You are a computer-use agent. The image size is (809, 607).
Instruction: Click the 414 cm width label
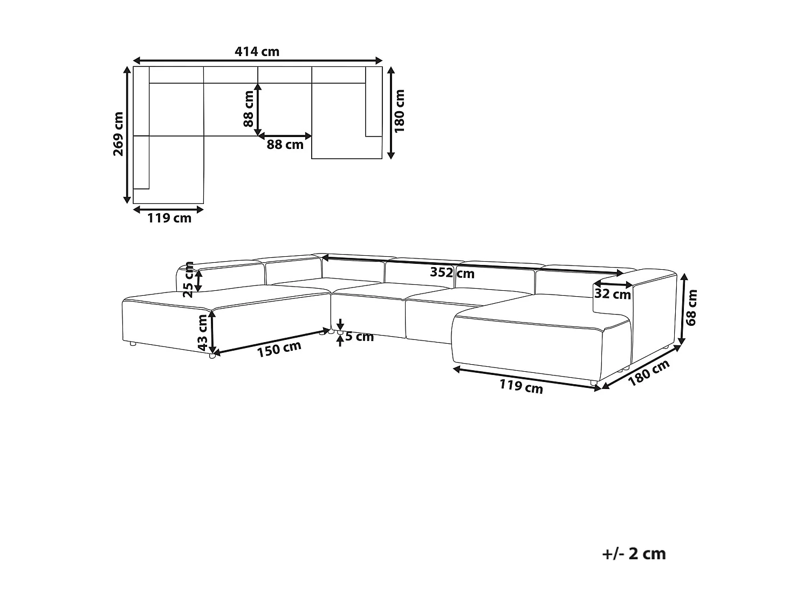tap(257, 52)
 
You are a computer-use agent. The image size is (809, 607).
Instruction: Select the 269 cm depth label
tap(118, 134)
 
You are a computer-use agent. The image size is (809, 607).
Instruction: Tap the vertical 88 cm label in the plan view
tap(248, 108)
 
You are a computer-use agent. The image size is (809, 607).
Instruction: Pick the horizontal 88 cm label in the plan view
tap(285, 145)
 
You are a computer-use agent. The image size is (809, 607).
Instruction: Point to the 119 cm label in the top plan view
tap(169, 218)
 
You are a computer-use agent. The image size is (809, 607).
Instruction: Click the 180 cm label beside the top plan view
tap(400, 111)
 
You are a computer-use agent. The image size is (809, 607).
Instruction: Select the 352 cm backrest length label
tap(452, 272)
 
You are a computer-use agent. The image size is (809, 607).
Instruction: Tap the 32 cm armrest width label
tap(612, 294)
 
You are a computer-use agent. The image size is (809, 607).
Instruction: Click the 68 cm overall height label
tap(693, 308)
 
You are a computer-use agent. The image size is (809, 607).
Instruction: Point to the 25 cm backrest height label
tap(188, 279)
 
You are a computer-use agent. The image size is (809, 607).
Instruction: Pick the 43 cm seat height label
tap(202, 333)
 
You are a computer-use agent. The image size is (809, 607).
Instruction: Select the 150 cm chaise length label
tap(279, 349)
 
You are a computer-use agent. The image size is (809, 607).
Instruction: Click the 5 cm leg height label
tap(359, 337)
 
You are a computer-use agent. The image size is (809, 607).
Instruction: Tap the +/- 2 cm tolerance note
tap(634, 554)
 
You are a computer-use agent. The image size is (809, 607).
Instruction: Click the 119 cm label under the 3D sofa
tap(521, 386)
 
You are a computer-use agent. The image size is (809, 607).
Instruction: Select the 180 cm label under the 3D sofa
tap(649, 373)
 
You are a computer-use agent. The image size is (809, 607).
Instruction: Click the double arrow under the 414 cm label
tap(257, 60)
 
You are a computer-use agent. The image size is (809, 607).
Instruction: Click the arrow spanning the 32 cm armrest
tap(613, 284)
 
